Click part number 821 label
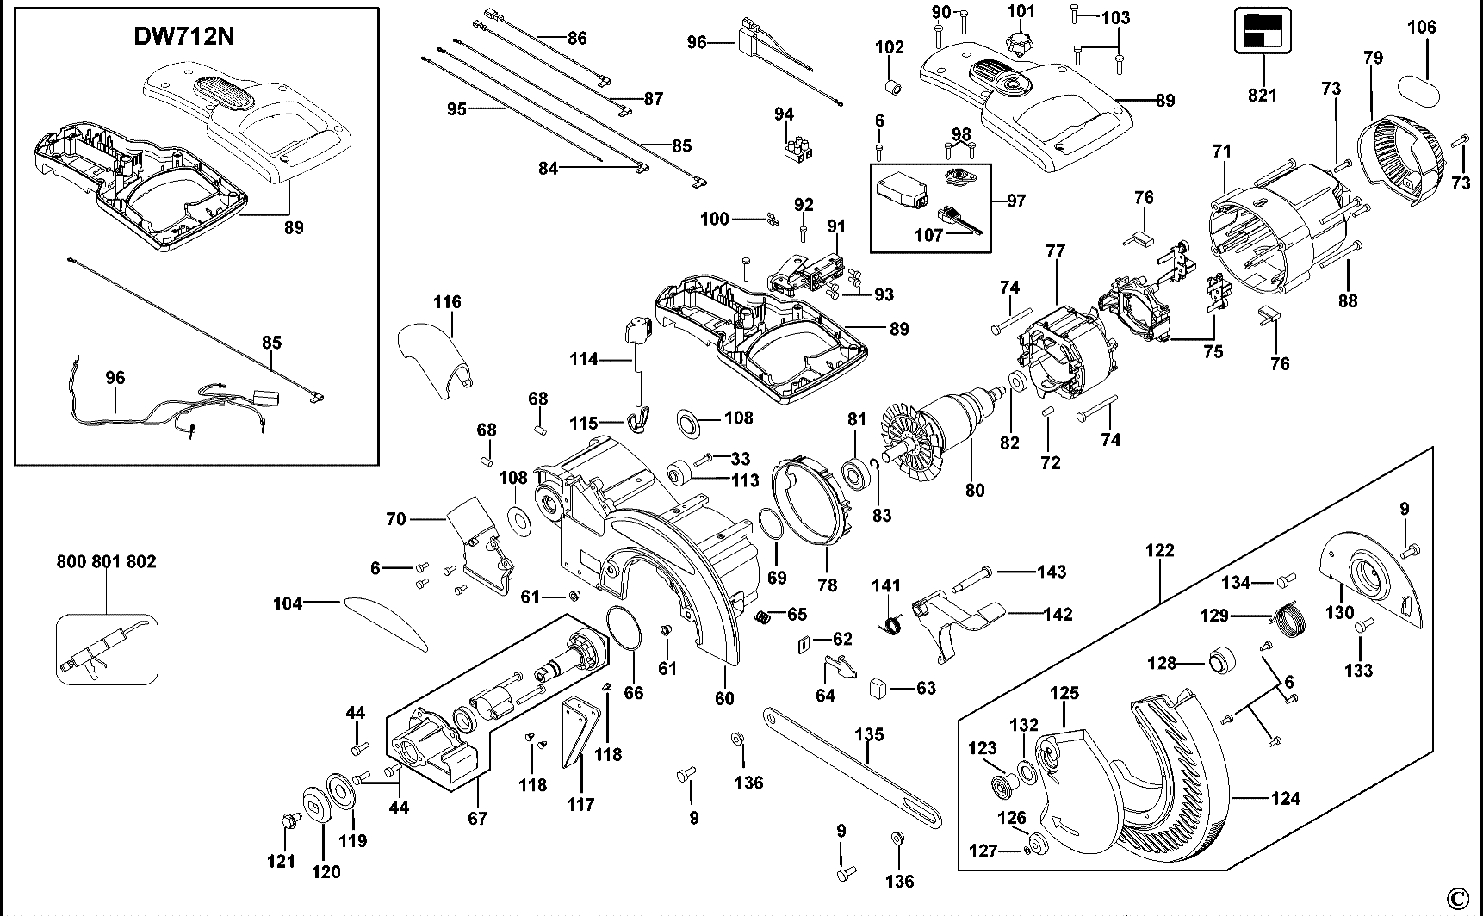1263,95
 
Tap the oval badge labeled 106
1419,88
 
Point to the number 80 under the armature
974,491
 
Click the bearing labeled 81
856,473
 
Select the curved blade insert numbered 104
385,621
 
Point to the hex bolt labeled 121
287,821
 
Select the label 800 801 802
106,561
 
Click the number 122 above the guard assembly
1159,550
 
